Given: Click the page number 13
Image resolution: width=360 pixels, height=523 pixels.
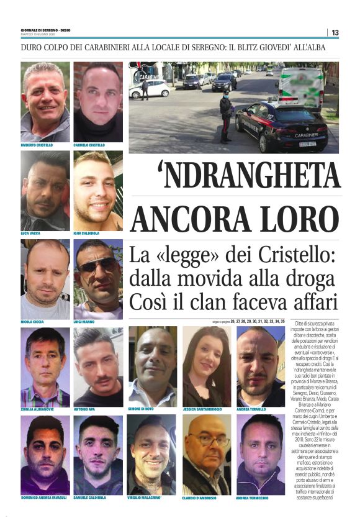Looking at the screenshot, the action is pos(335,32).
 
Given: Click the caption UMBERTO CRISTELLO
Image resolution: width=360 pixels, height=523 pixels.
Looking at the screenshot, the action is pos(37,145).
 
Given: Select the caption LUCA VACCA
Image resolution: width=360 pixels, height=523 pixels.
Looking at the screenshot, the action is pos(31,234).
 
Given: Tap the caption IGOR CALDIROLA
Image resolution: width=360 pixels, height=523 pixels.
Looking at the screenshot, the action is pos(89,234).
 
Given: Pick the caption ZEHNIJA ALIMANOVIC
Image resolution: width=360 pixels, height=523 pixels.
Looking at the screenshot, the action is pos(38,410).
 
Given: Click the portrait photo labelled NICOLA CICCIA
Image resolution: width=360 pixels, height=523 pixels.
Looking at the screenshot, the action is pos(45,280).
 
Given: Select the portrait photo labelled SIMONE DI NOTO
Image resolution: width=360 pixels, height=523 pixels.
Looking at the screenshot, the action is pos(152,366).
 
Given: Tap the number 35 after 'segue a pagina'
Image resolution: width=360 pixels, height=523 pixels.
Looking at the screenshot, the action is pos(282,321).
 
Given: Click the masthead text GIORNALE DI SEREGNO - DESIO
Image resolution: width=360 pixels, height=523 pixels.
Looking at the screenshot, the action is pos(45,30).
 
